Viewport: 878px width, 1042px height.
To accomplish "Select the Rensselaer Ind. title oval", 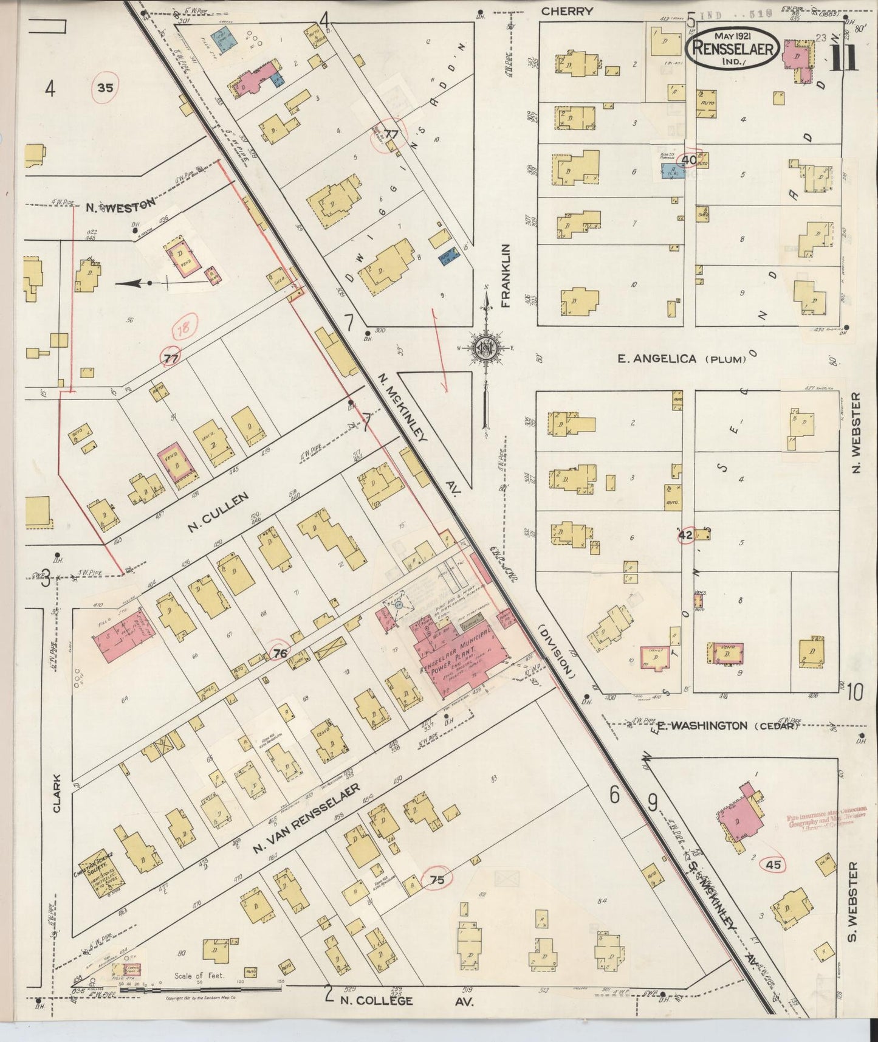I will [x=732, y=47].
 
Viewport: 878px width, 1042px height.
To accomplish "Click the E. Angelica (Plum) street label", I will [x=682, y=359].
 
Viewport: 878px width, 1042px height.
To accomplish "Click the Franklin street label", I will [x=506, y=276].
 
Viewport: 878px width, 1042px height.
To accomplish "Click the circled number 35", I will [x=105, y=88].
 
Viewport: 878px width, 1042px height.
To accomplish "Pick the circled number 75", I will [x=437, y=879].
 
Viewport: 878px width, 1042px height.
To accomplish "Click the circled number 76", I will [x=280, y=654].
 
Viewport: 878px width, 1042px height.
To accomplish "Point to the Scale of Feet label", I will [x=199, y=976].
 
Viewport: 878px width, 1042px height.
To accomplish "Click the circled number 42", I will [x=685, y=535].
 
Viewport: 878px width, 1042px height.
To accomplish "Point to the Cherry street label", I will [x=566, y=11].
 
